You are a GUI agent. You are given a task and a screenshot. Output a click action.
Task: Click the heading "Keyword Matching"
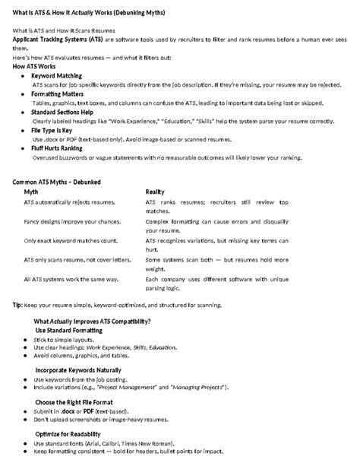point(58,77)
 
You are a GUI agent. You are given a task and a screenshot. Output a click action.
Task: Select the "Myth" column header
point(31,192)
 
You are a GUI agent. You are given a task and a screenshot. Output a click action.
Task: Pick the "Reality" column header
point(155,192)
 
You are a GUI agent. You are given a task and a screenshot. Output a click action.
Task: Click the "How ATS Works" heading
point(36,67)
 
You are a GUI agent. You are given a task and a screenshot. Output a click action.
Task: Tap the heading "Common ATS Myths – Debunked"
point(57,182)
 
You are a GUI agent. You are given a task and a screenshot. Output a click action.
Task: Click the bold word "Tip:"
point(17,305)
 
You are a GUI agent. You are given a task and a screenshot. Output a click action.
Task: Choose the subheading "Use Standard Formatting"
point(72,331)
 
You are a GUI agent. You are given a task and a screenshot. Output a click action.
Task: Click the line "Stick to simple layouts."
point(65,339)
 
